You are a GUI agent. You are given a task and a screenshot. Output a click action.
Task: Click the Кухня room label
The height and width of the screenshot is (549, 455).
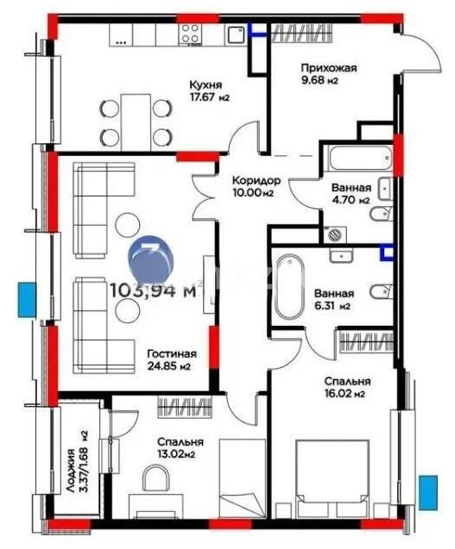coord(206,85)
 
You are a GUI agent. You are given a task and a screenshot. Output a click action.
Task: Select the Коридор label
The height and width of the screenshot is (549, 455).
coord(256,180)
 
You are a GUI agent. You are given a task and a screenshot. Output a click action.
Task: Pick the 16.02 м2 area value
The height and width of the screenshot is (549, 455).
coord(349,395)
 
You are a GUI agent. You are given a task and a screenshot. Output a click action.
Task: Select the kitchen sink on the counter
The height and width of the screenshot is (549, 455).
coord(235,34)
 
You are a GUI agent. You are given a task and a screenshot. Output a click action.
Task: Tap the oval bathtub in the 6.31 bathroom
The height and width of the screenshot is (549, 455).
coord(289,285)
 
